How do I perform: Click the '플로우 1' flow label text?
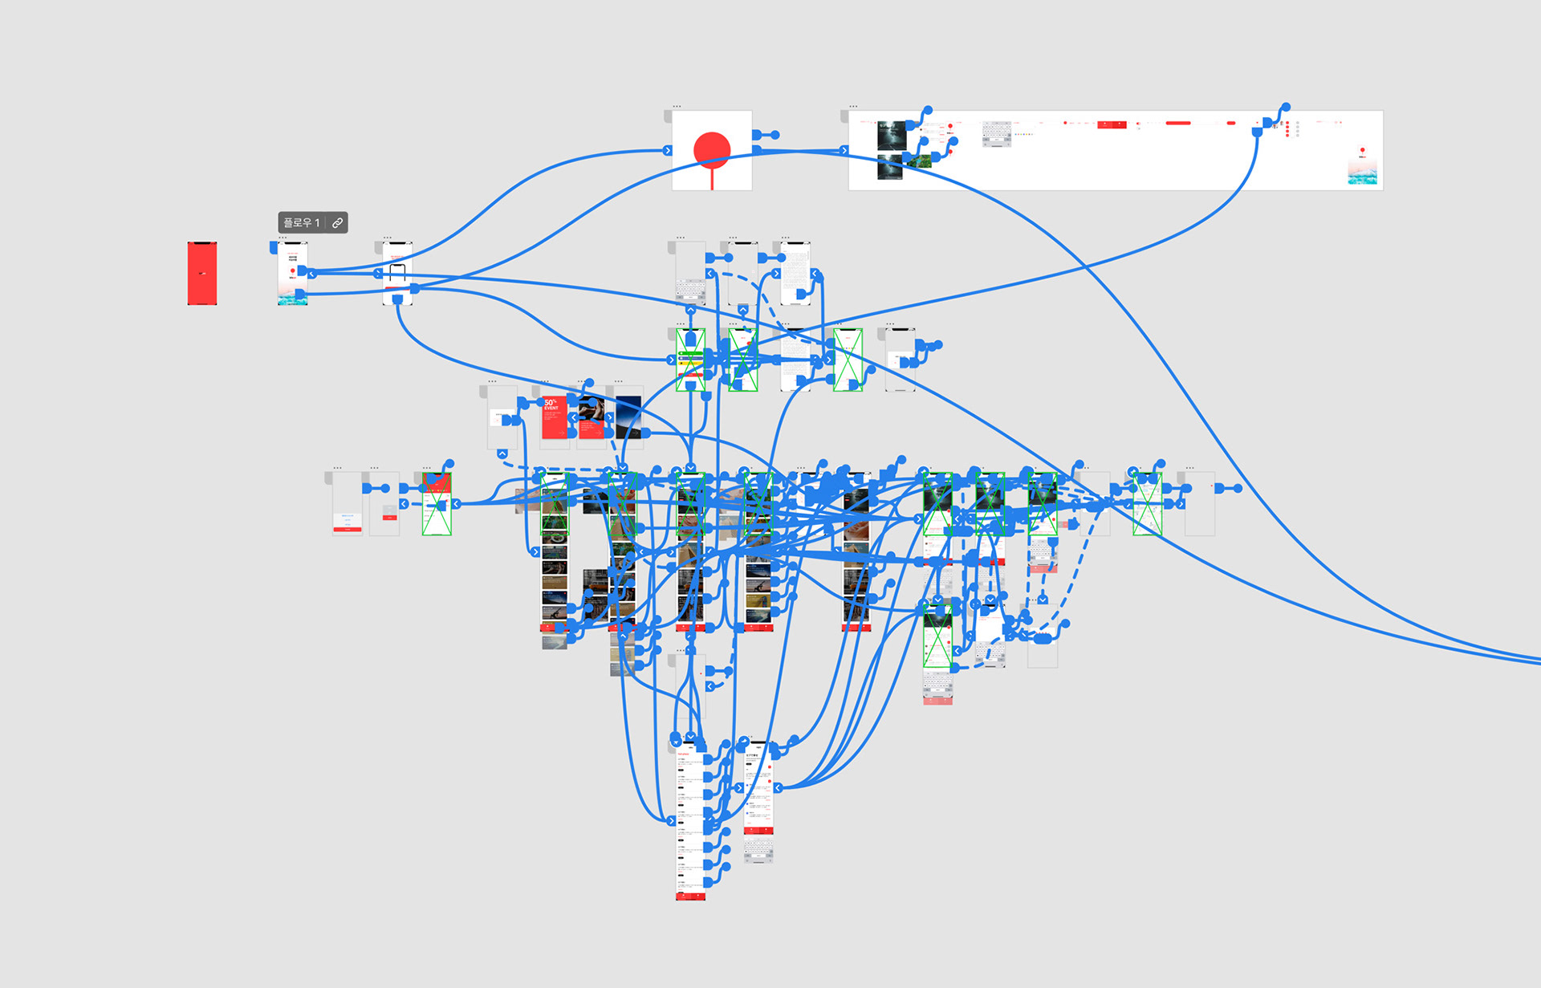coord(301,223)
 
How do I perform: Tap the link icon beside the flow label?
coord(338,223)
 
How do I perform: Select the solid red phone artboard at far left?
coord(202,273)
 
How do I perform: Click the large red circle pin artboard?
coord(712,150)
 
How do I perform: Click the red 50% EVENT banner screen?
coord(554,418)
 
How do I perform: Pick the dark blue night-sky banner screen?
coord(628,416)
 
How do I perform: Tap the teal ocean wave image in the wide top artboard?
coord(1362,175)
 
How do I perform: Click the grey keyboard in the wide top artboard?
coord(997,133)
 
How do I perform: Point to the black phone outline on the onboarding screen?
coord(397,274)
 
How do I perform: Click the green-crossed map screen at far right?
coord(1148,504)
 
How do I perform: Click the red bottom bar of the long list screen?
coord(690,896)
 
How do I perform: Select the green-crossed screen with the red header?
coord(437,504)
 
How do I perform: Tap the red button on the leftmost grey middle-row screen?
coord(348,530)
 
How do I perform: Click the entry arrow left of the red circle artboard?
coord(667,150)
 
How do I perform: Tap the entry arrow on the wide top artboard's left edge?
coord(844,150)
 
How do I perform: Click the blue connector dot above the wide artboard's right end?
coord(1286,107)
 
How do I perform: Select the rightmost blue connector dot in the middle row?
coord(1238,488)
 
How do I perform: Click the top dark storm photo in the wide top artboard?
coord(891,136)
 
